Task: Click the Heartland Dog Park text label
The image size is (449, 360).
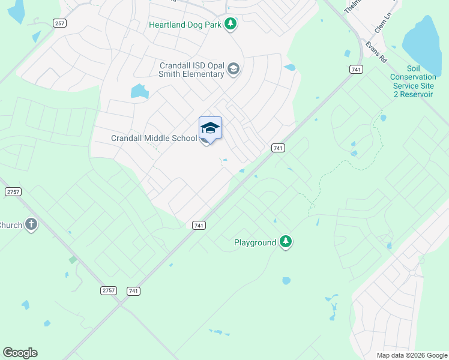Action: [185, 25]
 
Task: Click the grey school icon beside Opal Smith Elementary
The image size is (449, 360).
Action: [233, 71]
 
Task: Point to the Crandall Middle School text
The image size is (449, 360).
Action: [154, 138]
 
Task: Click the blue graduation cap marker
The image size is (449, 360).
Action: [210, 128]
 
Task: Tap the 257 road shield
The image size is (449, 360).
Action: [59, 23]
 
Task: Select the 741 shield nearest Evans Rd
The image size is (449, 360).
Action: [356, 70]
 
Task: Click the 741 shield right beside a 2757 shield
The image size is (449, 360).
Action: [134, 290]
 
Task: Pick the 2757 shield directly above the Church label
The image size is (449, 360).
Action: [13, 191]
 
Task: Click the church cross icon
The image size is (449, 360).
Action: [31, 225]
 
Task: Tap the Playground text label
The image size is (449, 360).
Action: [255, 242]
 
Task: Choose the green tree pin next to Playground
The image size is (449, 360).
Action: [286, 242]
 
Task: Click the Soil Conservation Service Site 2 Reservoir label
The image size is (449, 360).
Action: [412, 81]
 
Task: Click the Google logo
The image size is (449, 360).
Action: [20, 353]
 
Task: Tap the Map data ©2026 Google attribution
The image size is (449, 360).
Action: [411, 355]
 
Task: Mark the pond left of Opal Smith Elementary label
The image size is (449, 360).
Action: [139, 91]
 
